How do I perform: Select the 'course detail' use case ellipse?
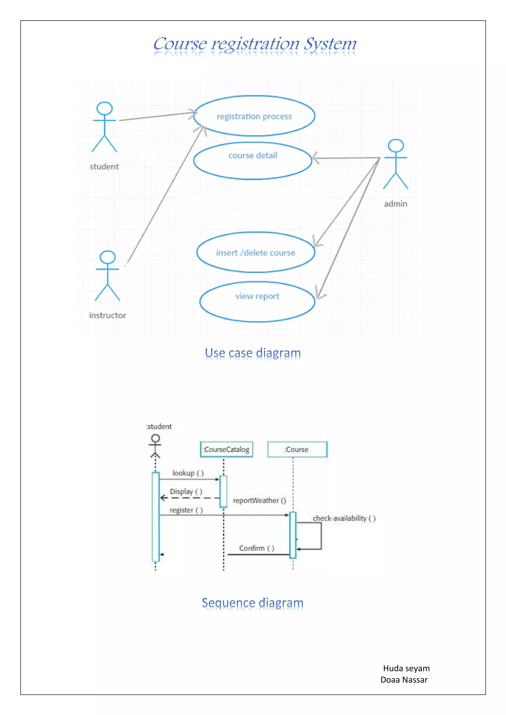[x=253, y=161]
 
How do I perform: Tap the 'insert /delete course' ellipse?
[x=256, y=252]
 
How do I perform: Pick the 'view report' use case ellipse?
[x=257, y=301]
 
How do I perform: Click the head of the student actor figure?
[x=105, y=108]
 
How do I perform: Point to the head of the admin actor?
[x=396, y=145]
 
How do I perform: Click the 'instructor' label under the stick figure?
[x=107, y=315]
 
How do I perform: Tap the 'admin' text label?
[x=396, y=204]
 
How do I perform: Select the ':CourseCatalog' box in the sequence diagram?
[x=226, y=449]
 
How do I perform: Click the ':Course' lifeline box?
[x=297, y=449]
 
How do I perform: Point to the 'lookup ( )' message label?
[x=188, y=473]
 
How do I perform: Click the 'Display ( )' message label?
[x=186, y=491]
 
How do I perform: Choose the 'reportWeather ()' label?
[x=259, y=501]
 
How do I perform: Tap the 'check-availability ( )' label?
[x=344, y=518]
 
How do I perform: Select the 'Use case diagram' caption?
[x=253, y=353]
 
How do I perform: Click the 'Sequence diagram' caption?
[x=253, y=603]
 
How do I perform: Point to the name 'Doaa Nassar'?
[x=404, y=679]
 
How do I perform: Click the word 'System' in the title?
[x=330, y=44]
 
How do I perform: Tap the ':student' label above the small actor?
[x=159, y=426]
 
